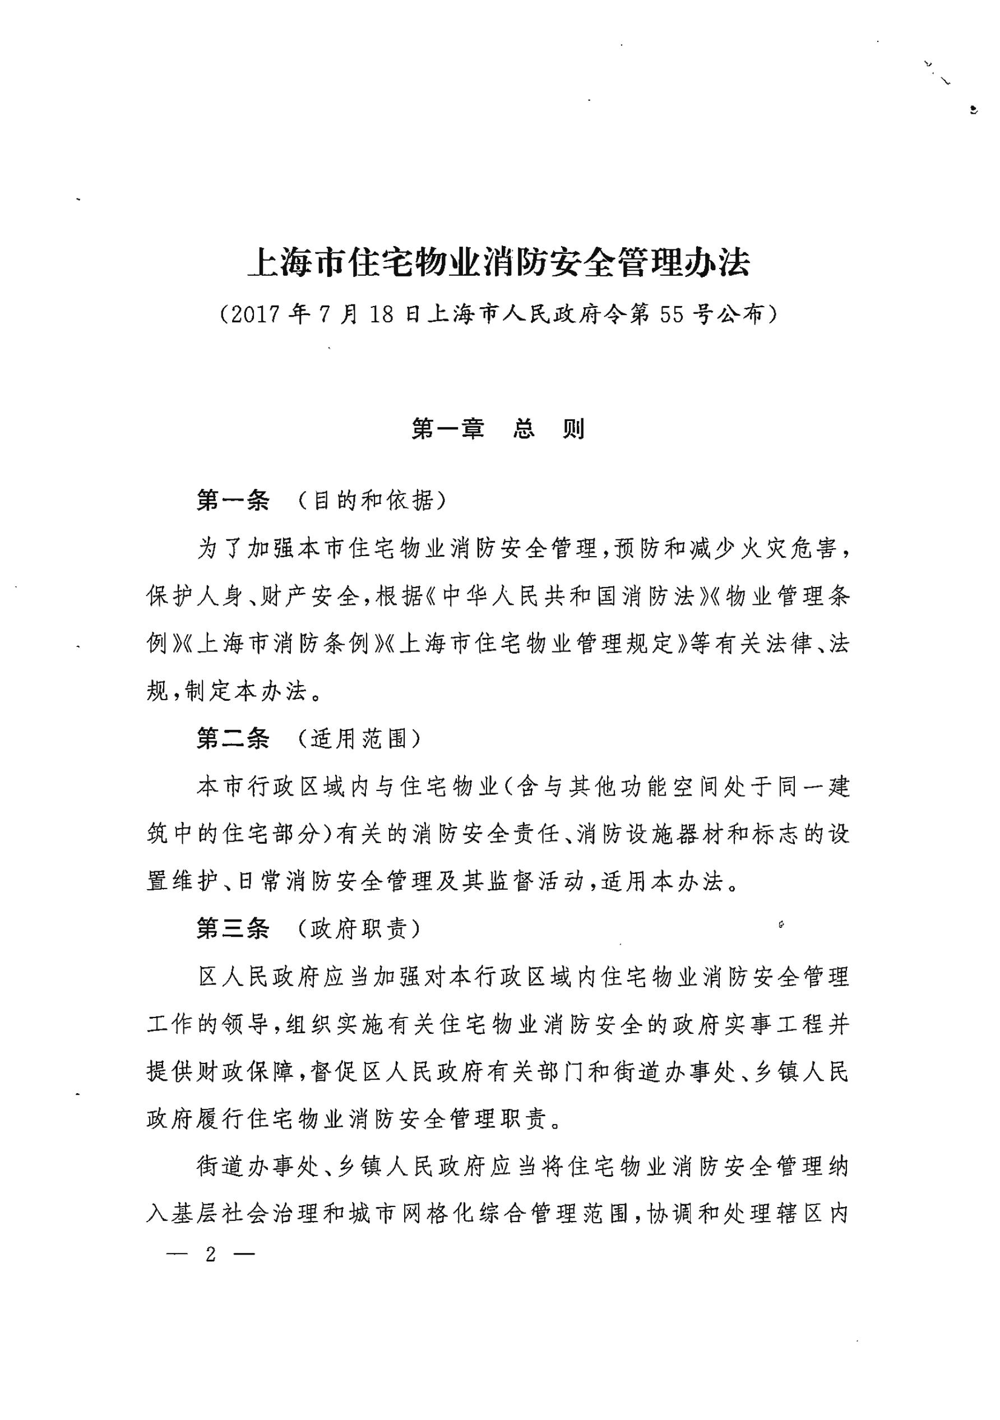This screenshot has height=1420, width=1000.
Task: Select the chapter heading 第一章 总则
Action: tap(498, 429)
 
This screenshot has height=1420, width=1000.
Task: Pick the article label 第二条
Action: tap(233, 738)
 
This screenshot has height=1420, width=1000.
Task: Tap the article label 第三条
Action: tap(233, 928)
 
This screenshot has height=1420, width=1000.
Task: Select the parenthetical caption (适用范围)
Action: tap(359, 738)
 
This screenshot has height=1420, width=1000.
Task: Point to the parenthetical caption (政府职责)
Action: tap(359, 928)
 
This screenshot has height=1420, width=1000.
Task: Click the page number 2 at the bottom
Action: tap(211, 1254)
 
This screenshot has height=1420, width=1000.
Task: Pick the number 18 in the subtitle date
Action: tap(382, 315)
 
